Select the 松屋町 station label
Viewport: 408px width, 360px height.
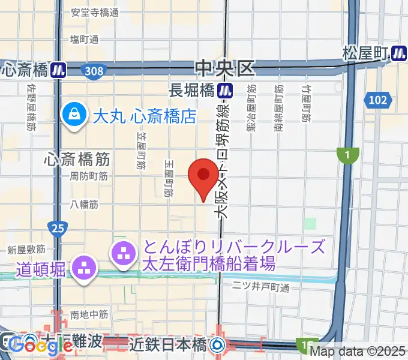(364, 53)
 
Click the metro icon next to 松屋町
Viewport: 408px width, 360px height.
(398, 53)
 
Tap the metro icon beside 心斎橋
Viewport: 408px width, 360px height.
(58, 70)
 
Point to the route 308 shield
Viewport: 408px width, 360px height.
(94, 71)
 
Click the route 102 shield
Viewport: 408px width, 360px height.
(378, 100)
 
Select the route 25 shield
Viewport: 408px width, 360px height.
(58, 228)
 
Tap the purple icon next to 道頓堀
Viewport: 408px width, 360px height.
(83, 268)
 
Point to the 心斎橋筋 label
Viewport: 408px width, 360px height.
(77, 160)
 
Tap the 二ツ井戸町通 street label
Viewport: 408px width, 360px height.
(260, 287)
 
